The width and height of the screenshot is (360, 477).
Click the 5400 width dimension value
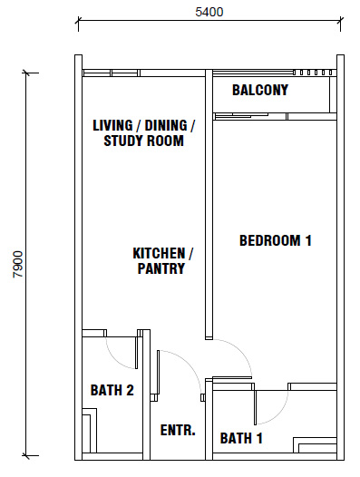tap(209, 12)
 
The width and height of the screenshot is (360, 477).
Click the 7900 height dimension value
tap(18, 264)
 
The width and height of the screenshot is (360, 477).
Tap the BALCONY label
tap(260, 90)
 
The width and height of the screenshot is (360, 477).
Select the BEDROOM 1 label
tap(276, 240)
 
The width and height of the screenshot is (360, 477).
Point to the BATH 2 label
tap(112, 390)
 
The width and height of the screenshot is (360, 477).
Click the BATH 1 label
tap(241, 438)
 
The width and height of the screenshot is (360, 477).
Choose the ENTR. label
tap(178, 430)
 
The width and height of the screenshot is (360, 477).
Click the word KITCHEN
tap(159, 253)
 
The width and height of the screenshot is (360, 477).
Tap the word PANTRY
tap(161, 268)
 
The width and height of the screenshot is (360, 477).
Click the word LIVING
tap(112, 126)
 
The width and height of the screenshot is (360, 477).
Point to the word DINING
tap(166, 126)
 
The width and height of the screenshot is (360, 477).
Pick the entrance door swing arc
tap(188, 365)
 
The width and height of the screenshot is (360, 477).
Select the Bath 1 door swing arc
tap(279, 414)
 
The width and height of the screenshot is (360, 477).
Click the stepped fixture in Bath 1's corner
tap(315, 445)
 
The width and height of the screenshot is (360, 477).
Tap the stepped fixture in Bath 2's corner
tap(90, 431)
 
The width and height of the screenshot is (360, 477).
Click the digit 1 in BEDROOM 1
tap(308, 240)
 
